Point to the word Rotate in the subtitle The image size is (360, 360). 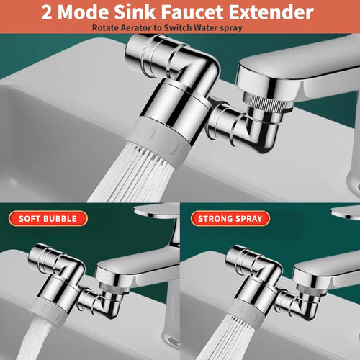click(105, 27)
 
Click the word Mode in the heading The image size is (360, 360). click(84, 13)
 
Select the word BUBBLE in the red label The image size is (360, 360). click(65, 217)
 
